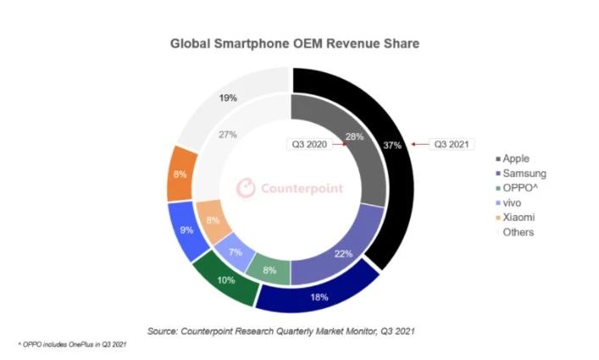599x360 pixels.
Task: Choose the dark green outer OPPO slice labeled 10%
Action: (x=225, y=280)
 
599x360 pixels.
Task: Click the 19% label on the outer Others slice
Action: (x=227, y=98)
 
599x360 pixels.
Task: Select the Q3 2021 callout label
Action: (x=450, y=144)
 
